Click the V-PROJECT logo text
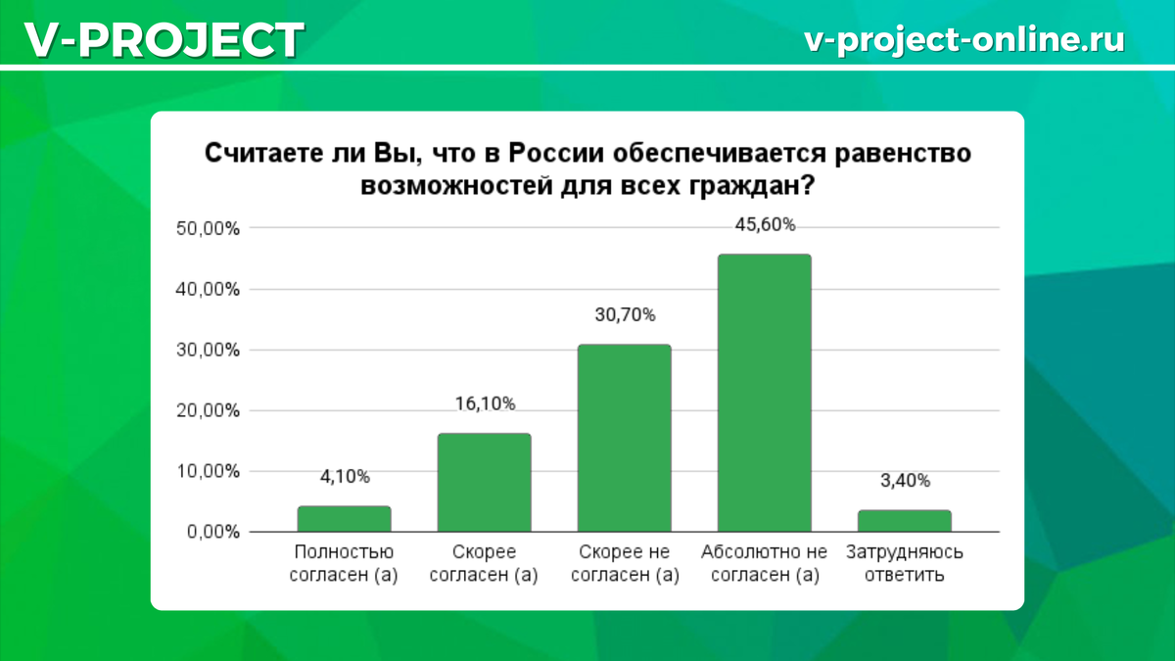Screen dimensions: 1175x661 pyautogui.click(x=164, y=40)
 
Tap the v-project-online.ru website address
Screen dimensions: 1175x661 pyautogui.click(x=964, y=39)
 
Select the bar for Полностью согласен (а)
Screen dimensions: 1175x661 pyautogui.click(x=344, y=519)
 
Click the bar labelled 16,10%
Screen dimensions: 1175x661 pyautogui.click(x=484, y=483)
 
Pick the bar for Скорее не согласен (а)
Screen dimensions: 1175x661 pyautogui.click(x=625, y=438)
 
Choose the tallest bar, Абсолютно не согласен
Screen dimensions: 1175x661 pyautogui.click(x=765, y=393)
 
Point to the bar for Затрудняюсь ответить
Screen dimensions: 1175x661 pyautogui.click(x=905, y=521)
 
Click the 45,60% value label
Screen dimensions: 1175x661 pyautogui.click(x=765, y=225)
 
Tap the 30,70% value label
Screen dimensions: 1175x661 pyautogui.click(x=625, y=314)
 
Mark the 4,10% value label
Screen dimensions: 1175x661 pyautogui.click(x=345, y=477)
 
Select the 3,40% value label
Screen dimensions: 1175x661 pyautogui.click(x=905, y=481)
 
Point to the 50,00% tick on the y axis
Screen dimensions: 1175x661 pyautogui.click(x=208, y=229)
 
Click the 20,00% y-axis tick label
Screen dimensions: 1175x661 pyautogui.click(x=208, y=410)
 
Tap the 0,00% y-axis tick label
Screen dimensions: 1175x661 pyautogui.click(x=213, y=532)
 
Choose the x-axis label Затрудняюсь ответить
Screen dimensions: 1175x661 pyautogui.click(x=905, y=563)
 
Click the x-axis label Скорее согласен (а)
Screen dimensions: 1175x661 pyautogui.click(x=484, y=563)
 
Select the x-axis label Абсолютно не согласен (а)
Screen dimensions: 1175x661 pyautogui.click(x=765, y=563)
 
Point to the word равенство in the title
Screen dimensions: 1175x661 pyautogui.click(x=902, y=154)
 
